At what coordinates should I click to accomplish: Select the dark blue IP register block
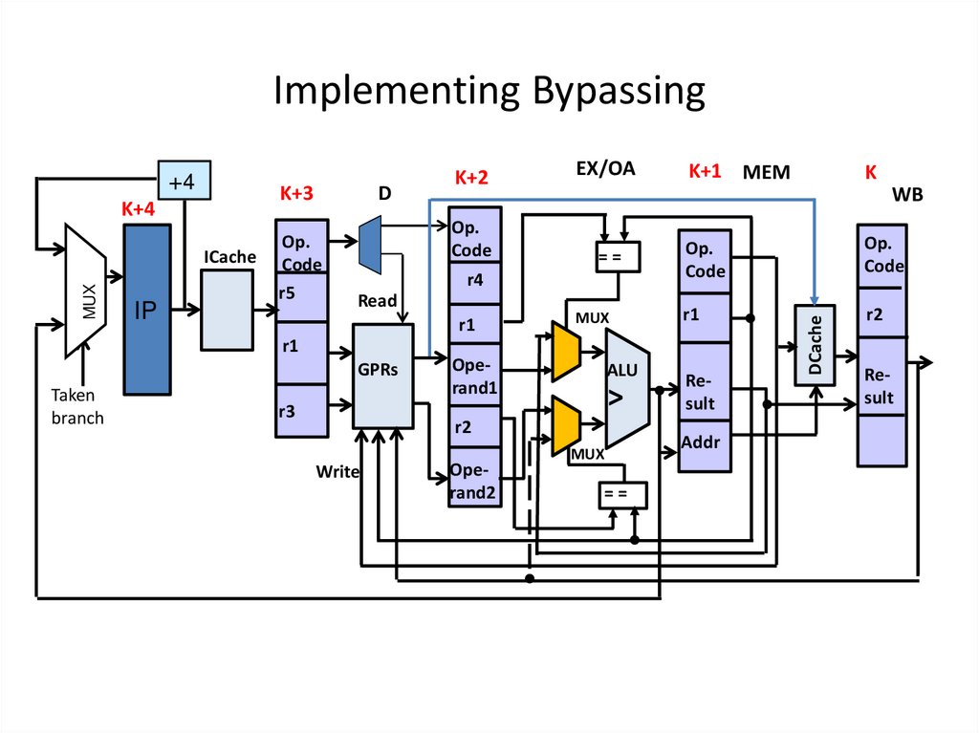[146, 310]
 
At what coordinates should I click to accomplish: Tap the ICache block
[227, 309]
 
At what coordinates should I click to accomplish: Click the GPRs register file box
[382, 375]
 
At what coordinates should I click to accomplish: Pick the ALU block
[626, 387]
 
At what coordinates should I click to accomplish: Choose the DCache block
[816, 345]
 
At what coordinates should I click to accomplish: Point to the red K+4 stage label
[139, 209]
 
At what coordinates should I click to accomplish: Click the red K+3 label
[296, 193]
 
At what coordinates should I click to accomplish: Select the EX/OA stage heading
[604, 169]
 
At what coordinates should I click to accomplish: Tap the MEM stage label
[767, 173]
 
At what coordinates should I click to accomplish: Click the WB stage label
[908, 195]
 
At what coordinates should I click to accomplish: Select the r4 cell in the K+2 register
[475, 281]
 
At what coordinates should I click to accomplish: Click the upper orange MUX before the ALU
[566, 351]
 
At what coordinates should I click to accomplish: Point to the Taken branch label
[76, 406]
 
